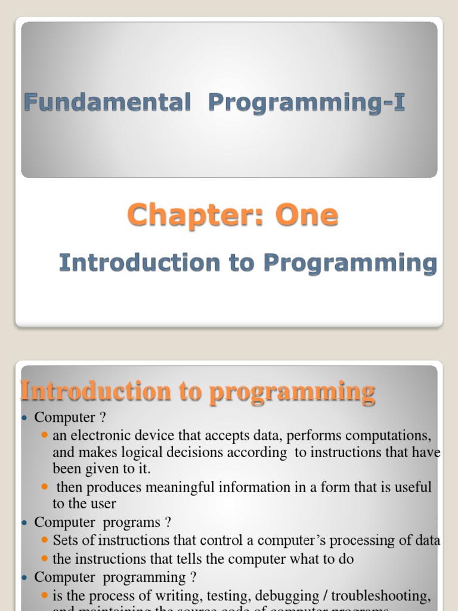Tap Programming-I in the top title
click(307, 103)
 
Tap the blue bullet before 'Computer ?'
click(25, 418)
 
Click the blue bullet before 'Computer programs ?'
click(25, 523)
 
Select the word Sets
click(64, 541)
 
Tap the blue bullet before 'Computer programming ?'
click(25, 578)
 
